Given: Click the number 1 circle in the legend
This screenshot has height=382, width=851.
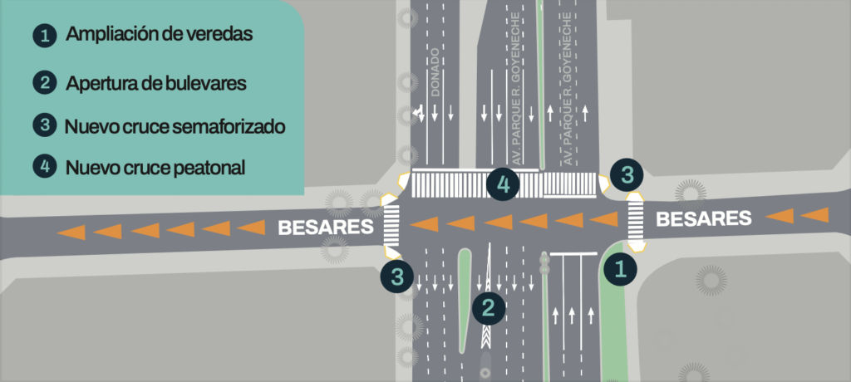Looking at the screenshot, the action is pyautogui.click(x=45, y=37).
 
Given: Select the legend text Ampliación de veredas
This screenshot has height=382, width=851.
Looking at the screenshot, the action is pyautogui.click(x=159, y=34).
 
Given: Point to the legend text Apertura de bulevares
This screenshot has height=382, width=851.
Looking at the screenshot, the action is pyautogui.click(x=156, y=84).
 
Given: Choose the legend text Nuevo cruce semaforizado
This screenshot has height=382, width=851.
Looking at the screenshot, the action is pyautogui.click(x=175, y=126).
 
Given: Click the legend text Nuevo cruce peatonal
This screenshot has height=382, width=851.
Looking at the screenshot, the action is pyautogui.click(x=155, y=168).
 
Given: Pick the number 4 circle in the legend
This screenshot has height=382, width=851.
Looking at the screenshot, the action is pyautogui.click(x=45, y=167).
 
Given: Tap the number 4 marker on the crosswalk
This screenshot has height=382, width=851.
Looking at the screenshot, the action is pyautogui.click(x=503, y=184).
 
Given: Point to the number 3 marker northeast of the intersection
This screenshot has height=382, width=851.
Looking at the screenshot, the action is pyautogui.click(x=627, y=175).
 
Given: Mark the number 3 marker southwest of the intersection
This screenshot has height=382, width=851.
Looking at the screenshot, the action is pyautogui.click(x=397, y=277).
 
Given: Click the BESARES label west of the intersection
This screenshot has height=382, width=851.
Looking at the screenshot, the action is pyautogui.click(x=326, y=227).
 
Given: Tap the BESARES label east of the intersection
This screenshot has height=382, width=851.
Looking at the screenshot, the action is pyautogui.click(x=704, y=218).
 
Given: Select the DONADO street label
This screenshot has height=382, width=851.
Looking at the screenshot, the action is pyautogui.click(x=435, y=81).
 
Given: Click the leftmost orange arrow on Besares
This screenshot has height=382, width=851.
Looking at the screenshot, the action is pyautogui.click(x=71, y=233).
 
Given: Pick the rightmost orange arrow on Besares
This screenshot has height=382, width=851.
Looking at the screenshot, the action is pyautogui.click(x=814, y=215).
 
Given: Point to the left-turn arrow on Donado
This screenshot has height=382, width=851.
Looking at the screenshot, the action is pyautogui.click(x=417, y=114).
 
